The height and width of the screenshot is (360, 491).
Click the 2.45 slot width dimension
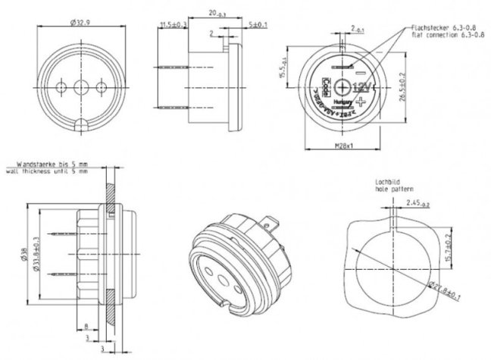tap(416, 203)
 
